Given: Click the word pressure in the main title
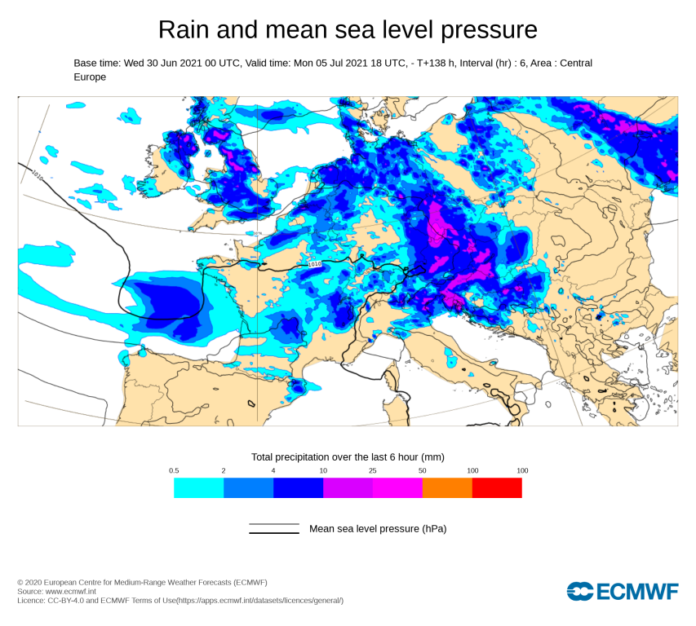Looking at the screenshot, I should click(490, 31).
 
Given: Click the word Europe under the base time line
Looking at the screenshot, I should click(90, 77).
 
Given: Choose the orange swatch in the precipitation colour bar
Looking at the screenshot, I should click(447, 487).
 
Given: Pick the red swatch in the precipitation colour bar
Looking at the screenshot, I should click(497, 487).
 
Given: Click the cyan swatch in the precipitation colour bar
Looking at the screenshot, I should click(198, 487).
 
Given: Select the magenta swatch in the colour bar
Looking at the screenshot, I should click(397, 487).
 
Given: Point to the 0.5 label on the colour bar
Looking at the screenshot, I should click(174, 471).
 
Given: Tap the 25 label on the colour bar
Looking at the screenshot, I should click(373, 471).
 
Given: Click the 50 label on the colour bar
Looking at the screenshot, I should click(423, 471).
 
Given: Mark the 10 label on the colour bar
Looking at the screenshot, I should click(323, 471).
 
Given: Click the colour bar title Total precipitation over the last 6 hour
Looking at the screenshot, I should click(347, 456).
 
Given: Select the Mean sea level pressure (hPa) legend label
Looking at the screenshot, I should click(378, 529).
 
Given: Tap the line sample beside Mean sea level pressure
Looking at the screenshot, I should click(274, 529).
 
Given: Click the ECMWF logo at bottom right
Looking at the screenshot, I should click(623, 591).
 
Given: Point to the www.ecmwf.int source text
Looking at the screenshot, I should click(70, 591).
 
